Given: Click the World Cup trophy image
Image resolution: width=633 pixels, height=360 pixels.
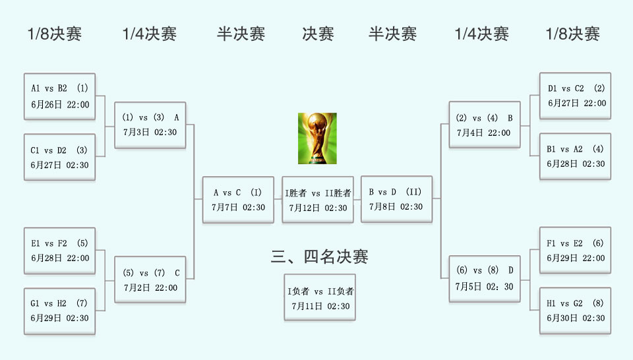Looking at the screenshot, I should (317, 138).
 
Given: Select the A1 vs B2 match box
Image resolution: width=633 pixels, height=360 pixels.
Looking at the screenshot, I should (59, 96).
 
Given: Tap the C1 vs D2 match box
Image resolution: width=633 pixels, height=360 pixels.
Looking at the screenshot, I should (59, 158).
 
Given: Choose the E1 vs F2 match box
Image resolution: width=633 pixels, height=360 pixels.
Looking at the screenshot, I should (59, 251).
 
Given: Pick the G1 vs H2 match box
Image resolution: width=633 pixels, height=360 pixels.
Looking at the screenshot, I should (59, 311).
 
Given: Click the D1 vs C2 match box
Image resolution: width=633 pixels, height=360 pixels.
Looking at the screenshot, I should (575, 96).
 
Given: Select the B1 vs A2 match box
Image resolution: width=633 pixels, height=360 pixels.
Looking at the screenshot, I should (575, 156).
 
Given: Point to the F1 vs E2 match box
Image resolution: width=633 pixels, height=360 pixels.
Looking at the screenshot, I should (575, 251).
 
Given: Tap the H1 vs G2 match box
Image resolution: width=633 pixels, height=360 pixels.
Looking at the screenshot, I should (575, 311).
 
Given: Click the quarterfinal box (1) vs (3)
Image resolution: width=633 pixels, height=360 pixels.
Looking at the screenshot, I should (150, 125).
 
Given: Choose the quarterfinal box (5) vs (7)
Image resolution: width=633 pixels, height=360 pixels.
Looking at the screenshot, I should (150, 280).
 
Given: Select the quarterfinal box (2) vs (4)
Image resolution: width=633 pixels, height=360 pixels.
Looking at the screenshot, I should (485, 125).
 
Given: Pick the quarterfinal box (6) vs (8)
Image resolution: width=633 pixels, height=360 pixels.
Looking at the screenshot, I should (485, 279).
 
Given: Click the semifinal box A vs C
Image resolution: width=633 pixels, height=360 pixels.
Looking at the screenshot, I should (238, 200).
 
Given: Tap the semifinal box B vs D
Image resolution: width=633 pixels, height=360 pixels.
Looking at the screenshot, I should (396, 199).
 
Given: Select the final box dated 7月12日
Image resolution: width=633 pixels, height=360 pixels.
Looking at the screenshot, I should (318, 200).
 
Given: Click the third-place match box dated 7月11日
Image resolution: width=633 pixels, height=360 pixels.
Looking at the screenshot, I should (320, 298).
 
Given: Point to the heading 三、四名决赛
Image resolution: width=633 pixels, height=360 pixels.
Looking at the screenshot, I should (319, 256).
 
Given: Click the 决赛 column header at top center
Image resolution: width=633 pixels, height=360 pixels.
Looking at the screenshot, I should (318, 34).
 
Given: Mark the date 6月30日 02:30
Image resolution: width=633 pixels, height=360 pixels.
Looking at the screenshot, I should (576, 318).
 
